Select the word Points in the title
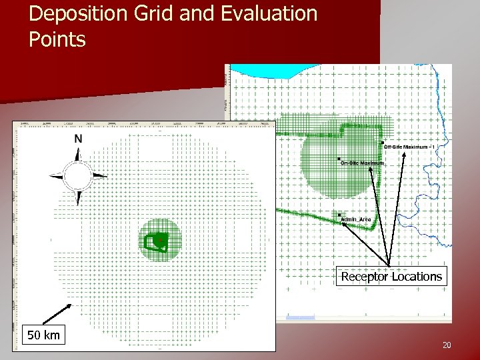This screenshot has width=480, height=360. click(x=57, y=40)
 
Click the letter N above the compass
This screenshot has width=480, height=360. click(x=79, y=139)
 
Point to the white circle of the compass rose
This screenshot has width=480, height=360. click(x=78, y=176)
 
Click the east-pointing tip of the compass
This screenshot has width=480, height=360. click(x=104, y=176)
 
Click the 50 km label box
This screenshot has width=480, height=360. click(x=43, y=335)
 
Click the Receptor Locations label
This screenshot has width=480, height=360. click(x=391, y=277)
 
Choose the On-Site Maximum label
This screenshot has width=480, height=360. click(x=363, y=163)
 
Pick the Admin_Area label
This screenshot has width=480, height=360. click(x=355, y=219)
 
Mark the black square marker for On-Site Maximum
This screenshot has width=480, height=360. click(x=339, y=159)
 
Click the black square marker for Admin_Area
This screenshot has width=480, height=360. click(x=339, y=215)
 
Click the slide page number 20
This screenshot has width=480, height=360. click(x=446, y=345)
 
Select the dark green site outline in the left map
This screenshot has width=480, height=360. click(x=157, y=241)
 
